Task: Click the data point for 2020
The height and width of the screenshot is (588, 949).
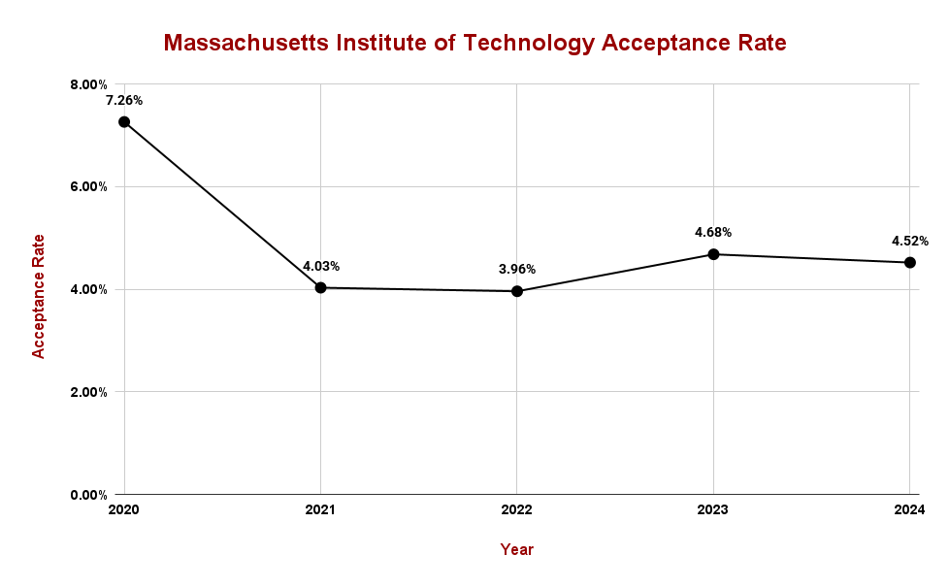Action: click(x=124, y=122)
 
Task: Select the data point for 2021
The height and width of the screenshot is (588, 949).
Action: click(x=320, y=287)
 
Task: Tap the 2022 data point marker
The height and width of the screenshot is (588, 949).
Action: click(x=517, y=291)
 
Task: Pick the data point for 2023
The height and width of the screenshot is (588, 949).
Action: click(x=713, y=254)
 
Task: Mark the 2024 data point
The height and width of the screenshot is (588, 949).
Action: click(x=910, y=262)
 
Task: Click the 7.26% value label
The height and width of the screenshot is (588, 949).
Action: click(x=124, y=100)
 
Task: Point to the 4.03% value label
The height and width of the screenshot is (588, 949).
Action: click(x=321, y=266)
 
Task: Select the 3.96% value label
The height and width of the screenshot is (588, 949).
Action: click(x=517, y=269)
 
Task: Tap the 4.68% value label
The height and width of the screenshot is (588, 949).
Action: click(x=713, y=232)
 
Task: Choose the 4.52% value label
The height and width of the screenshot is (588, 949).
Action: click(x=910, y=241)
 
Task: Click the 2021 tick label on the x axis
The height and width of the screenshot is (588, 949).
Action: click(x=320, y=510)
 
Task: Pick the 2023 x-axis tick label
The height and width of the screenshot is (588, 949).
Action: click(x=713, y=510)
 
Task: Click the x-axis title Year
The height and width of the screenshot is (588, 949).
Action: click(x=517, y=550)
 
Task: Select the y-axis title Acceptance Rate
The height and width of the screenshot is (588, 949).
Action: click(x=39, y=296)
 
